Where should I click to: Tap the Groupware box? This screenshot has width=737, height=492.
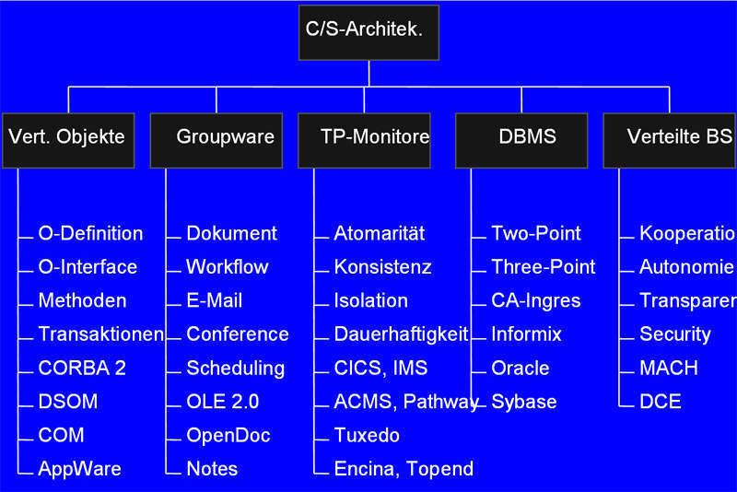tap(216, 138)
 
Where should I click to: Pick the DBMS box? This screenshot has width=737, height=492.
tap(521, 138)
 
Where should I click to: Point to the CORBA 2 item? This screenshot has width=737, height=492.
tap(82, 368)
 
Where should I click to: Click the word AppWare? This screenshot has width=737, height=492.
tap(79, 468)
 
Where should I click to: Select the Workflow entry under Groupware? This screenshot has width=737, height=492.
tap(227, 267)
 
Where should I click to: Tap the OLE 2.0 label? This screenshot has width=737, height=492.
tap(222, 402)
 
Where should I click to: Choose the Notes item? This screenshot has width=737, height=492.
tap(212, 468)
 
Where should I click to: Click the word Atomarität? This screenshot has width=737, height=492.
tap(379, 233)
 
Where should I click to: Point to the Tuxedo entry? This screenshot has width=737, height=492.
tap(367, 435)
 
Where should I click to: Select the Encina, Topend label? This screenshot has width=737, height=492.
tap(404, 468)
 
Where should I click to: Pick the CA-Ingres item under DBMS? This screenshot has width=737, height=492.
tap(535, 300)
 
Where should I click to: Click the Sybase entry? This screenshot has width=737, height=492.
tap(523, 402)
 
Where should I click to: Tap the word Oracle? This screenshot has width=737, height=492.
tap(520, 368)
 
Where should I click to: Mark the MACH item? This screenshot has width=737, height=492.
tap(668, 368)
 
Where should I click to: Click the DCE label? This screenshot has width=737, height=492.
tap(660, 402)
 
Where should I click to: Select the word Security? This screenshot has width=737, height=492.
tap(674, 334)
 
